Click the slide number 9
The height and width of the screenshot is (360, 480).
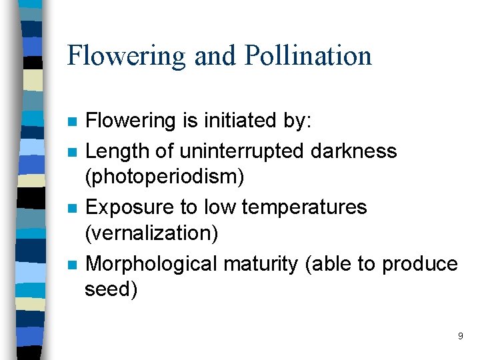coord(460,336)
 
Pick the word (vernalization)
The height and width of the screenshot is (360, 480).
coord(147,233)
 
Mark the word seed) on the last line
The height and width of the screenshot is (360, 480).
coord(111,289)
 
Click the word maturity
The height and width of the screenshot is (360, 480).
coord(261,264)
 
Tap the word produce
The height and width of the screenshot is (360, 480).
coord(419,264)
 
